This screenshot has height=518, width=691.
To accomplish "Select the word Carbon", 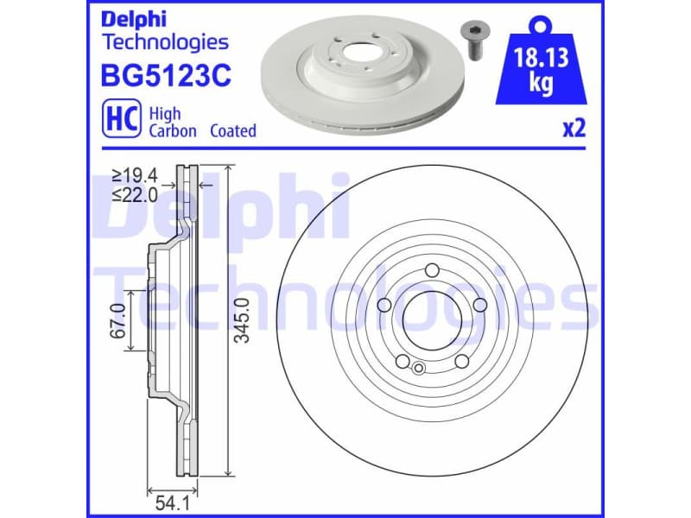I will pos(173,131).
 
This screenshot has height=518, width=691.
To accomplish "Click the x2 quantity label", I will pos(574,129).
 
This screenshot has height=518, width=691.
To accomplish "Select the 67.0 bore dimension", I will pos(119,320).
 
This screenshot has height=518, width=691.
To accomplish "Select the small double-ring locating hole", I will pos(418,369).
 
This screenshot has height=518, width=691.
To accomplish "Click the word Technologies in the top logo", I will pos(165,41).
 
